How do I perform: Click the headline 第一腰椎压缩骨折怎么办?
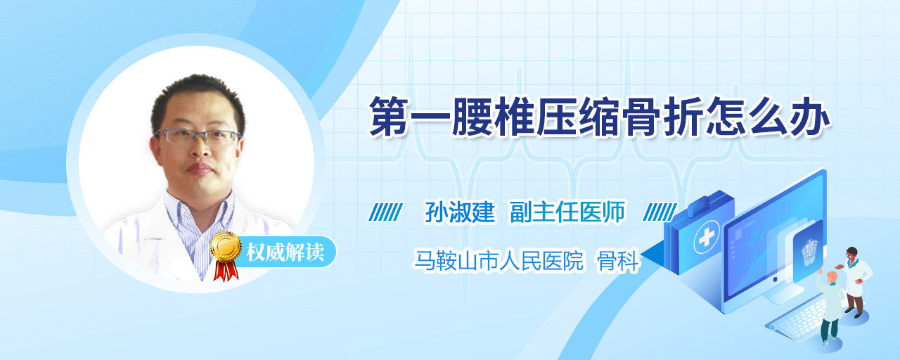pos(600,117)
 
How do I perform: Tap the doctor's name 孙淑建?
pos(460,212)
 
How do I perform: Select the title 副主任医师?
pos(567,212)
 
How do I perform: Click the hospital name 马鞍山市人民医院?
pos(499,261)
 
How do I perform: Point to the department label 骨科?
pos(617,261)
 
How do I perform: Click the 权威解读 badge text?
pos(285,252)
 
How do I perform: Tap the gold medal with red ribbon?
pos(226,255)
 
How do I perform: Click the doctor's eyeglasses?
pos(198,136)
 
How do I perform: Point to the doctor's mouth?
pos(200,169)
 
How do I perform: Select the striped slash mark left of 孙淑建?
pos(385,212)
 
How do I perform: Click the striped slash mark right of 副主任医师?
pos(660,212)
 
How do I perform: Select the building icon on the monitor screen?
pos(809,252)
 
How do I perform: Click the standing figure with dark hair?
pos(854,281)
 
